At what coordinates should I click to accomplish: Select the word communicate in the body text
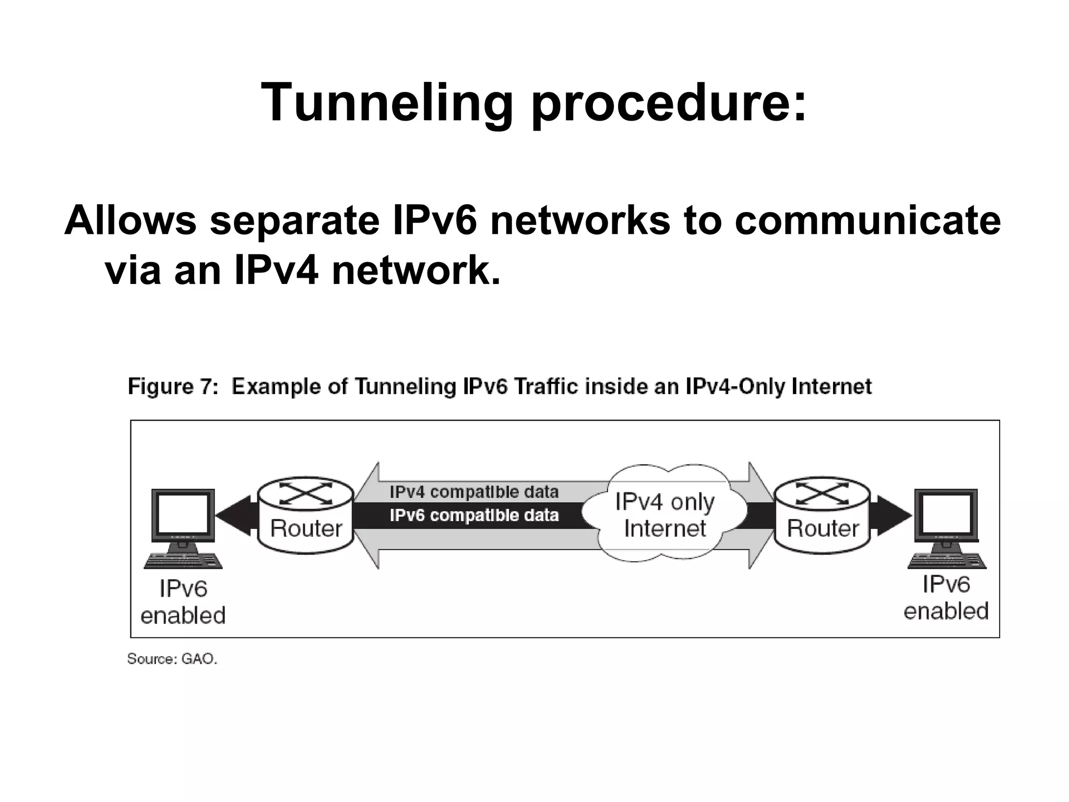coord(867,220)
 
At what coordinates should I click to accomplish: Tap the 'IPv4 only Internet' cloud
coord(664,515)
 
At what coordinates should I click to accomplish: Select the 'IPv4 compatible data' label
coord(474,492)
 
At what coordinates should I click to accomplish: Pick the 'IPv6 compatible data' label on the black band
coord(474,516)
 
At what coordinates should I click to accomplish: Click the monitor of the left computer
coord(183,514)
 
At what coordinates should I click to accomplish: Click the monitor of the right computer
coord(946,514)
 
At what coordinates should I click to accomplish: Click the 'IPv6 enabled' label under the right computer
coord(946,597)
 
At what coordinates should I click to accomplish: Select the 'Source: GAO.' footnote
coord(172,659)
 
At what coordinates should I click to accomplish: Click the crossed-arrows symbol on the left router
coord(306,493)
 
